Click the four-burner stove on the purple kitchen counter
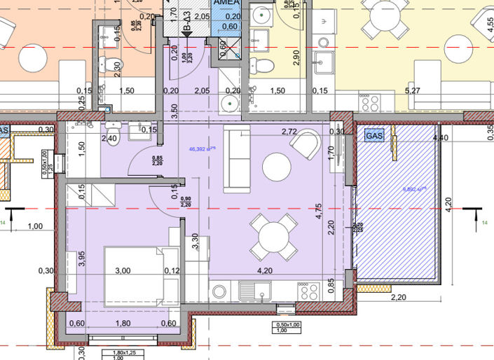click(309, 290)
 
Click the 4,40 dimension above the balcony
click(441, 138)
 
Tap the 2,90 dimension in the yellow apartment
click(296, 58)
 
